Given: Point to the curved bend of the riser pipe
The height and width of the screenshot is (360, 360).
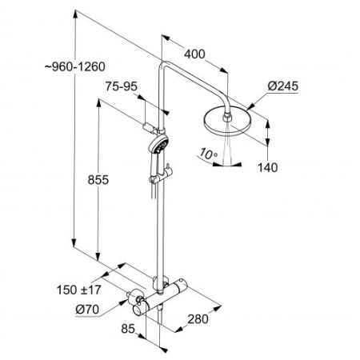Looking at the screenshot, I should [x=164, y=68].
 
